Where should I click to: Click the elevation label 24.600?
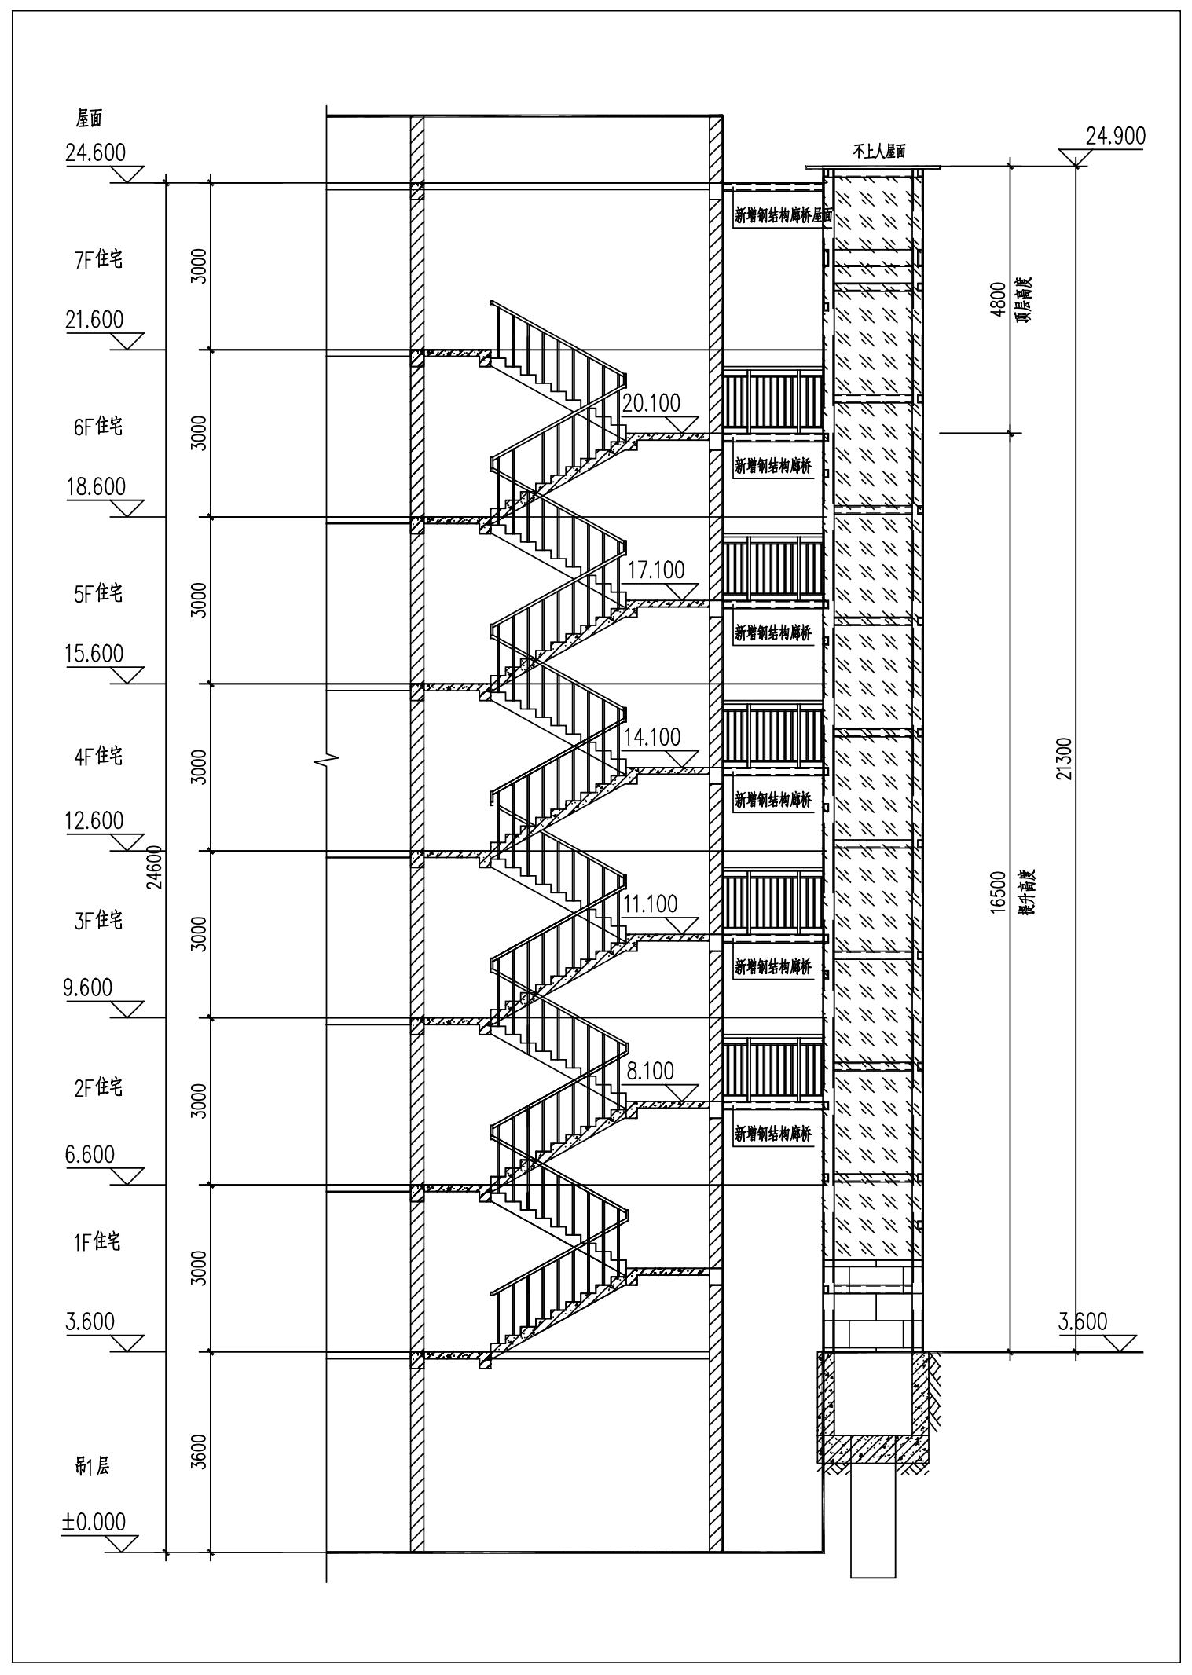(x=96, y=152)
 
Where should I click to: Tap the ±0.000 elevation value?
(x=94, y=1522)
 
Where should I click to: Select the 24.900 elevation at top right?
(x=1116, y=136)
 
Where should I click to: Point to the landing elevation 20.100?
(x=651, y=403)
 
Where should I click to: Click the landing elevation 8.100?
(x=651, y=1071)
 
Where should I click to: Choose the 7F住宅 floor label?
(x=98, y=260)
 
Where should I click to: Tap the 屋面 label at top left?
(x=89, y=119)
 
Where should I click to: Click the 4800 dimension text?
(x=998, y=299)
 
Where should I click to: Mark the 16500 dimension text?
(x=998, y=892)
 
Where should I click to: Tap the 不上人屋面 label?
(x=879, y=152)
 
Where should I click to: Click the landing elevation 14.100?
(x=652, y=737)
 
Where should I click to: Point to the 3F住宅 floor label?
(x=98, y=920)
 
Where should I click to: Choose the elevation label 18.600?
(x=96, y=486)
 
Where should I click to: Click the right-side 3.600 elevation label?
(x=1083, y=1321)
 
